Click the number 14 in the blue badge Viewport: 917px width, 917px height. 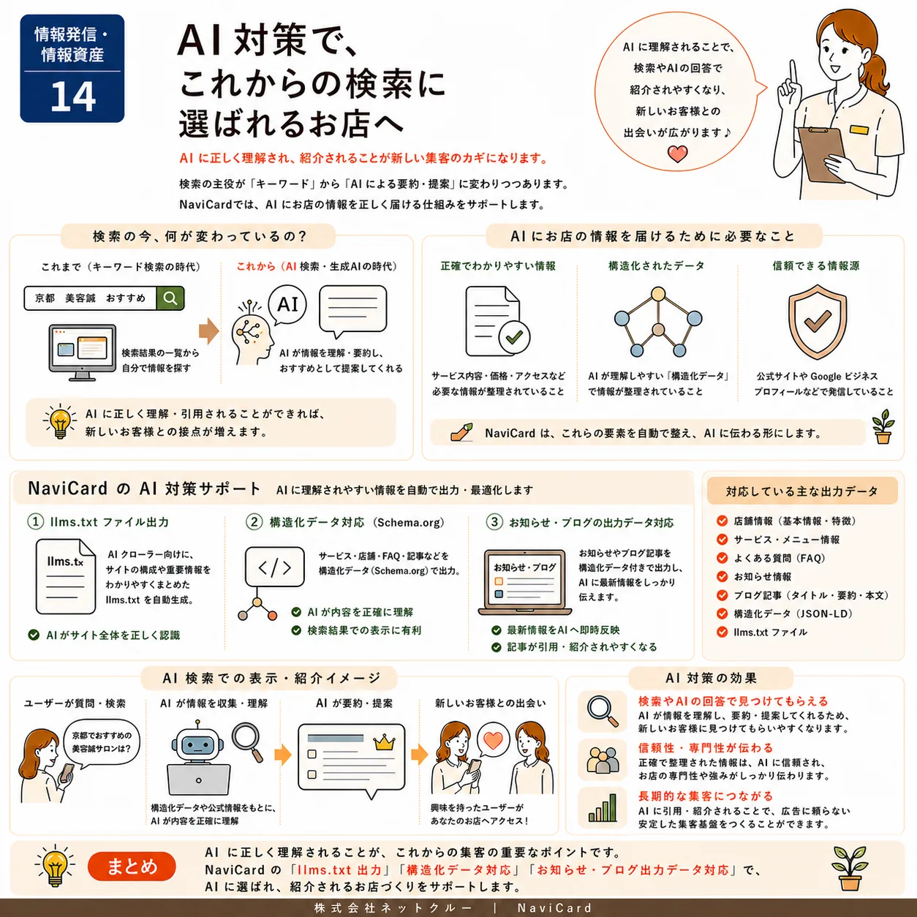pos(73,97)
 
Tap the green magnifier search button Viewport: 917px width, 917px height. pos(170,298)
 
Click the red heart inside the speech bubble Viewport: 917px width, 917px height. pos(677,154)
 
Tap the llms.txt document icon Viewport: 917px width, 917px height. pos(66,576)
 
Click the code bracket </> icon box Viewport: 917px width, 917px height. pos(274,567)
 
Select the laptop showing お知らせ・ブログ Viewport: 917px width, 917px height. pos(524,583)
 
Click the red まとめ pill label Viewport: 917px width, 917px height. pos(132,866)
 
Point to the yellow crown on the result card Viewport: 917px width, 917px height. pos(384,742)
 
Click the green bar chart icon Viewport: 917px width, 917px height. pos(603,809)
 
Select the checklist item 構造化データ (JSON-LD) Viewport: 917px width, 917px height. pos(793,614)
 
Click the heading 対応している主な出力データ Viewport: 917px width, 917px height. pos(802,491)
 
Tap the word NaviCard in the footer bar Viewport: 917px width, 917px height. pos(555,908)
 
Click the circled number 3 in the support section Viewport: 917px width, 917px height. pos(494,522)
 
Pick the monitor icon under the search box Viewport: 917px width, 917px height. pos(83,352)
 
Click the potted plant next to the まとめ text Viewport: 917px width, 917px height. pos(850,868)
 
